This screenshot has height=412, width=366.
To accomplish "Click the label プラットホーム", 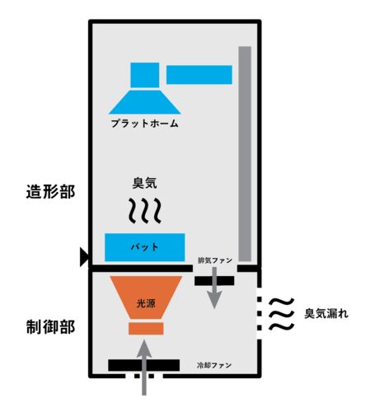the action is (145, 124).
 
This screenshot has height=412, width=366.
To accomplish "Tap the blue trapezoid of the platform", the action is (144, 102).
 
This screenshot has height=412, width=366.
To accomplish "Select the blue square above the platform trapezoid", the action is (145, 75).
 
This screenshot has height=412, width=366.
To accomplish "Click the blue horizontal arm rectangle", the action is (199, 75).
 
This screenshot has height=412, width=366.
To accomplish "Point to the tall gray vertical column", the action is (245, 154).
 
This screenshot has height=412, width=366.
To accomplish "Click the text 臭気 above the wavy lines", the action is (144, 183).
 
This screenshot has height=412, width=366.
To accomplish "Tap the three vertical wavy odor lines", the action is (145, 210).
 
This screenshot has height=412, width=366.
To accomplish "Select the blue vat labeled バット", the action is (144, 247).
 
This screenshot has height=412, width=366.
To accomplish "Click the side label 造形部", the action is (50, 191).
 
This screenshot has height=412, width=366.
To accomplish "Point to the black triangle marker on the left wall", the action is (84, 257).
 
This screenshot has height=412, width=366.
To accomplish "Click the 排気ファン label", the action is (215, 260).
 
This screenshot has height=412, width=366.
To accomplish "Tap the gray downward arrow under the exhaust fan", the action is (214, 288).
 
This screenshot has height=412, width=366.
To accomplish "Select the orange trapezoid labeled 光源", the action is (146, 297).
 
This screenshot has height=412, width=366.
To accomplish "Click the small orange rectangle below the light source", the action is (146, 329).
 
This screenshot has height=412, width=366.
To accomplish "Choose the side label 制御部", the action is (50, 327).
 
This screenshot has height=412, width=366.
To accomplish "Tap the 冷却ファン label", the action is (214, 365).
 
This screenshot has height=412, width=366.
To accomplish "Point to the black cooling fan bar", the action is (144, 365).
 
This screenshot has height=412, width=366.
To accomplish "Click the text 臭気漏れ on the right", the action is (326, 313).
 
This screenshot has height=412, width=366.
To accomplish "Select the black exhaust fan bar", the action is (214, 281).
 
